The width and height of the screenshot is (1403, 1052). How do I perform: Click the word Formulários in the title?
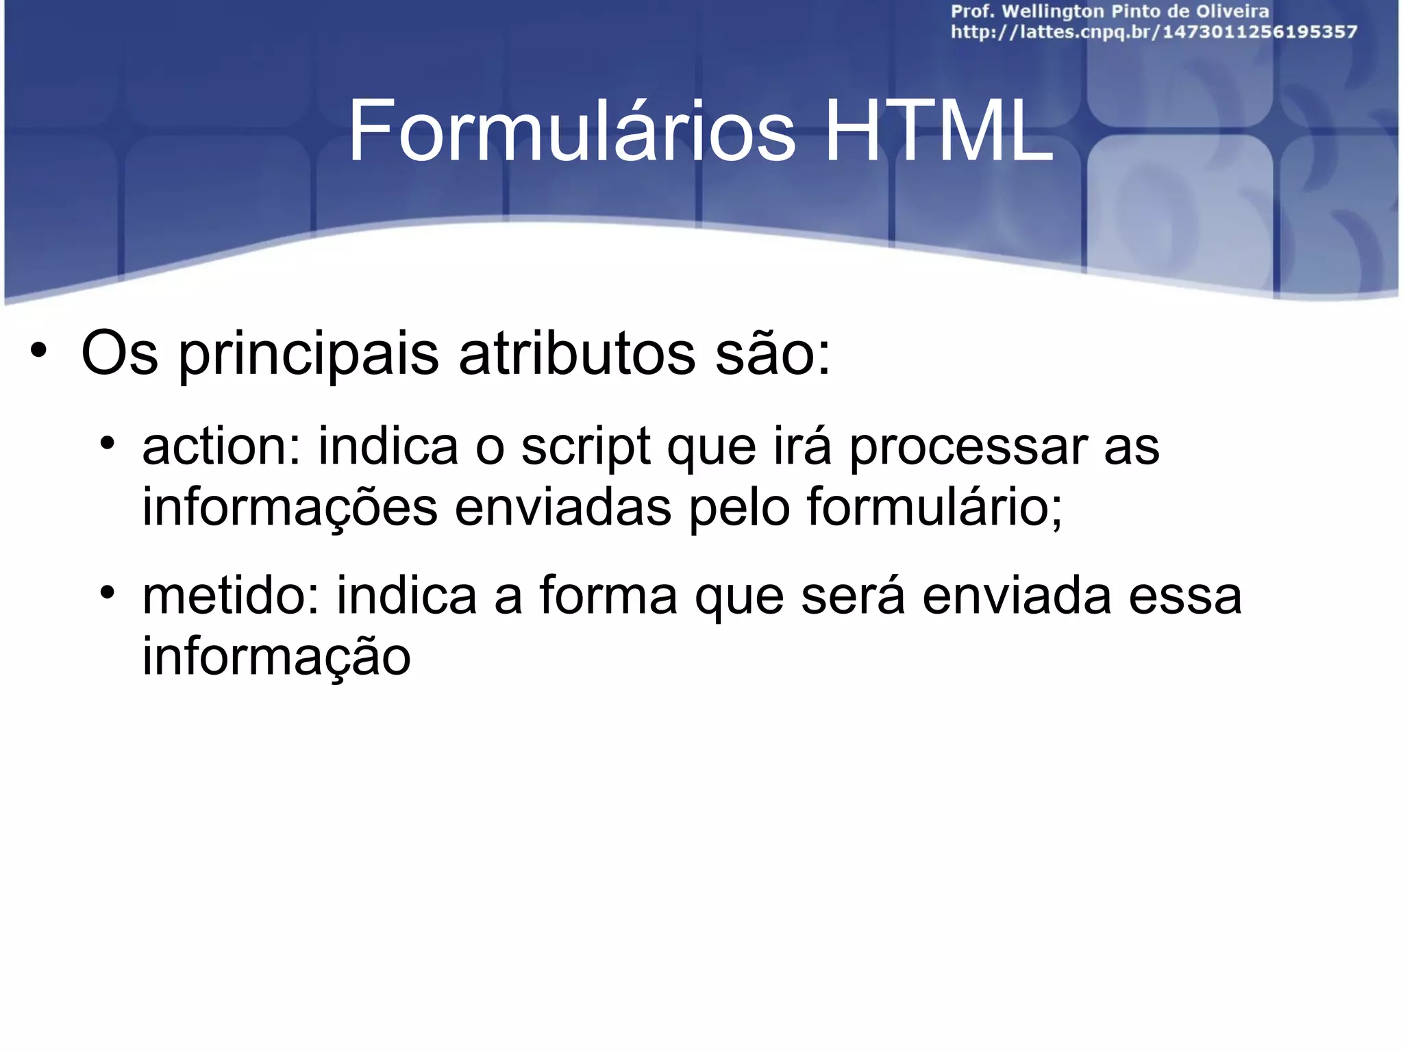(x=571, y=131)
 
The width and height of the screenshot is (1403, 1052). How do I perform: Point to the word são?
(x=773, y=355)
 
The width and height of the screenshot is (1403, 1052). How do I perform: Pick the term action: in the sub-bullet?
(x=221, y=447)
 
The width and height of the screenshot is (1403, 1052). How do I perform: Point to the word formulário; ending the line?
(x=934, y=507)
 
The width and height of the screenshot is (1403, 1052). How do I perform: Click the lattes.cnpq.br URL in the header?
(x=1154, y=32)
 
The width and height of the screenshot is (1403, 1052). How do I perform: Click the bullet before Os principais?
(x=38, y=351)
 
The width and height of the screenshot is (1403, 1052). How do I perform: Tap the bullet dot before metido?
(x=106, y=591)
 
